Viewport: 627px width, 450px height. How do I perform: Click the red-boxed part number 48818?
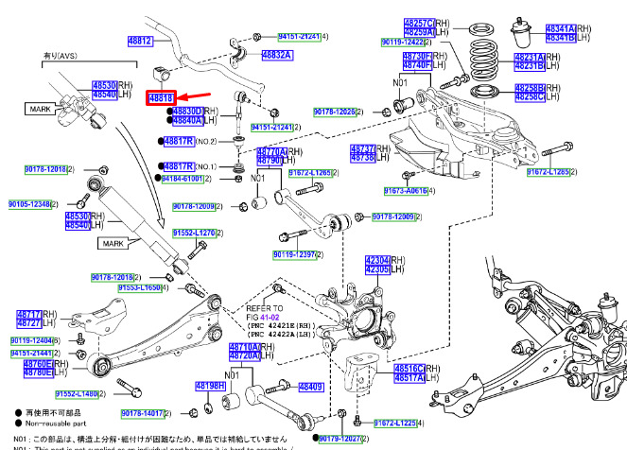161,97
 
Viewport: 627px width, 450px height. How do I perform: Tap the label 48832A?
276,55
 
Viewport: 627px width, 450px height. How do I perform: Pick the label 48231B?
527,66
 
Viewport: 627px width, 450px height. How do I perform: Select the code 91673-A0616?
407,190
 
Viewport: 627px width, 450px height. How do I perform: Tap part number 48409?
310,386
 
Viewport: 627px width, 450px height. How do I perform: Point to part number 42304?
377,261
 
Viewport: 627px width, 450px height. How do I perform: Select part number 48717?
28,314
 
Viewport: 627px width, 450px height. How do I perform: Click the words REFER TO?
264,308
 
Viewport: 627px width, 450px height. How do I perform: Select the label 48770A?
270,151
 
